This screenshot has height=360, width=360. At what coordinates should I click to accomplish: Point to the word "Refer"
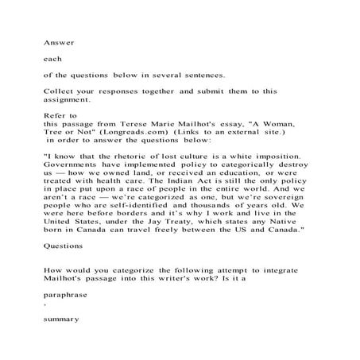pyautogui.click(x=53, y=116)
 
